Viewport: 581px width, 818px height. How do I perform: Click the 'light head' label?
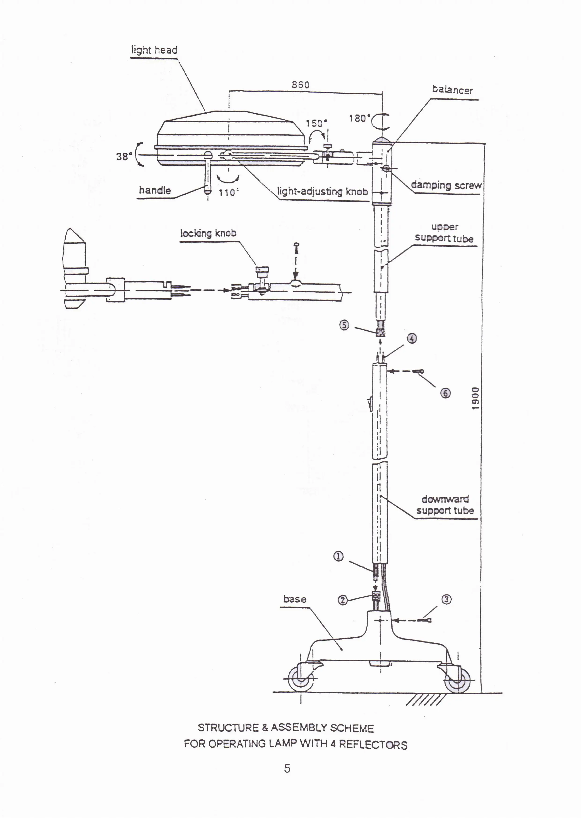[x=154, y=50]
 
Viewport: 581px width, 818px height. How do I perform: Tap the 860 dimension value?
[x=301, y=85]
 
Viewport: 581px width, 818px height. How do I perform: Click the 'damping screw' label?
[x=446, y=185]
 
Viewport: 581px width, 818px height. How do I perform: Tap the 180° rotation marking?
[x=360, y=118]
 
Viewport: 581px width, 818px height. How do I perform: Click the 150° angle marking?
[x=316, y=123]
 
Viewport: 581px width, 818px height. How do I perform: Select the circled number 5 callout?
[x=344, y=325]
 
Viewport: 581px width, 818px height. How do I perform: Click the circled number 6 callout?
[x=445, y=393]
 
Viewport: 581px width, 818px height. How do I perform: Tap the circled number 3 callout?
[x=447, y=599]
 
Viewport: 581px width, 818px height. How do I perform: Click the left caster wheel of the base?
[x=301, y=679]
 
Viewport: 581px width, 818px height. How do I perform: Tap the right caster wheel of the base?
[x=458, y=680]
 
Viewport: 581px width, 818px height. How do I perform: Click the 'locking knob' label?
[x=208, y=234]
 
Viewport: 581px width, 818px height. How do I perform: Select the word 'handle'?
[x=155, y=190]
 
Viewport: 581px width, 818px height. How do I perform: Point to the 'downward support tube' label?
[x=445, y=505]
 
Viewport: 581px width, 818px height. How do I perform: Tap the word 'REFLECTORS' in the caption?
[x=373, y=745]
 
